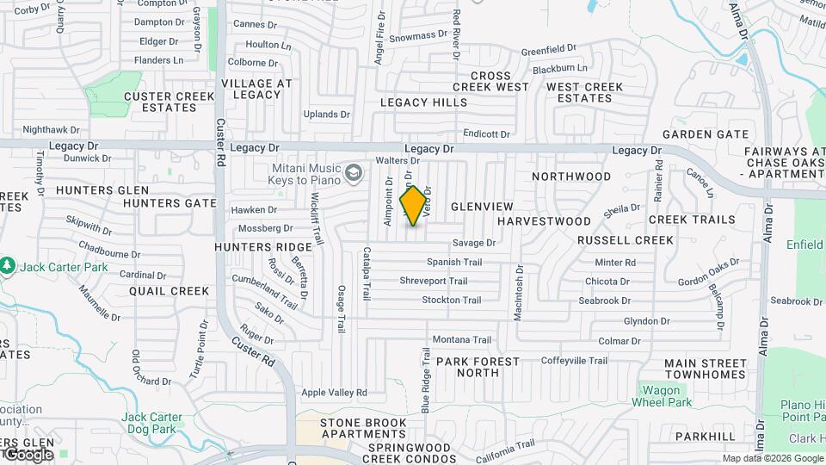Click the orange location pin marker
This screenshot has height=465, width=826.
coord(413,205)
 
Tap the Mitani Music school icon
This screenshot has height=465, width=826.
coord(353,174)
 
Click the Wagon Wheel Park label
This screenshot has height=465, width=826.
coord(662,396)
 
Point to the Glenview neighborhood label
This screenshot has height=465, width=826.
coord(482,207)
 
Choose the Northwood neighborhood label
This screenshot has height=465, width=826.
coord(571,177)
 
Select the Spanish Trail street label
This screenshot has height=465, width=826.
coord(454,262)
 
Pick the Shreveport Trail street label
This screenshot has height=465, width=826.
coord(433,281)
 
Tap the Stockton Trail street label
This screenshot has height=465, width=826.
coord(451,300)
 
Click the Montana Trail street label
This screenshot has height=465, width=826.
coord(461,339)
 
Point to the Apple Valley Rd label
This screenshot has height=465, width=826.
coord(334,393)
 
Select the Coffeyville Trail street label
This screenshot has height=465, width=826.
coord(575,361)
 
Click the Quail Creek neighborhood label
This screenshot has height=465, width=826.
coord(169,291)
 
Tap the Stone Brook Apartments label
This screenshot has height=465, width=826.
coord(362,428)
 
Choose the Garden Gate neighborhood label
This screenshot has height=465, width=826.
coord(705,134)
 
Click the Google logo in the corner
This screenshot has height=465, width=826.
coord(28,454)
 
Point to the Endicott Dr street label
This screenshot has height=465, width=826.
coord(486,133)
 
